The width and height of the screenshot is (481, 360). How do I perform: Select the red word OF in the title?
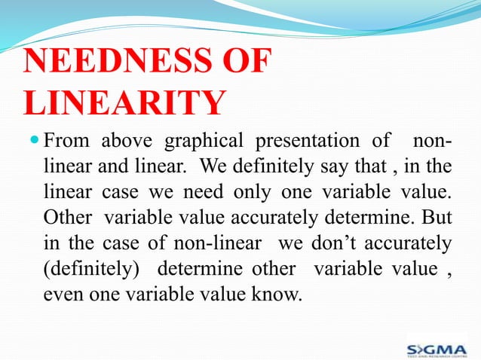(244, 62)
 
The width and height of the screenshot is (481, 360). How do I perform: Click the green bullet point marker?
(32, 141)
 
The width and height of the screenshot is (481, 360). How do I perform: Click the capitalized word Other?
(67, 217)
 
